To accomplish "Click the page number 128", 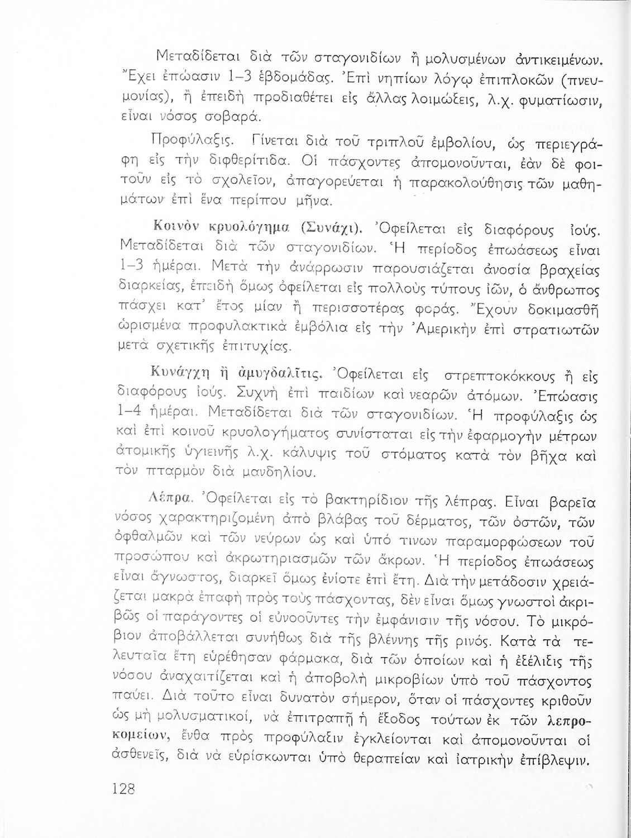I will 124,788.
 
